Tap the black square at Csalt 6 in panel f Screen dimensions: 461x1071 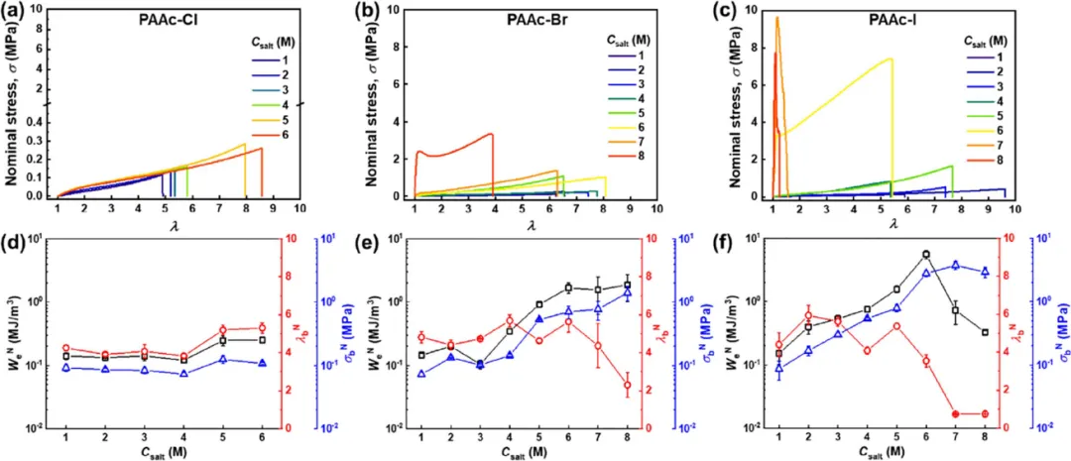(x=926, y=255)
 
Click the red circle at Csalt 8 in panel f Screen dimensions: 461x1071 (x=985, y=413)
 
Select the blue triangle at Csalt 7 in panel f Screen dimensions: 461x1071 (x=955, y=265)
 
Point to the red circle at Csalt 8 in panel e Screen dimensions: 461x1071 (x=627, y=386)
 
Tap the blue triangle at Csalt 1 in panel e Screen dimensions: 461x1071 (x=420, y=374)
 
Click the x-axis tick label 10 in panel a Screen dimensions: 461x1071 (x=299, y=209)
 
